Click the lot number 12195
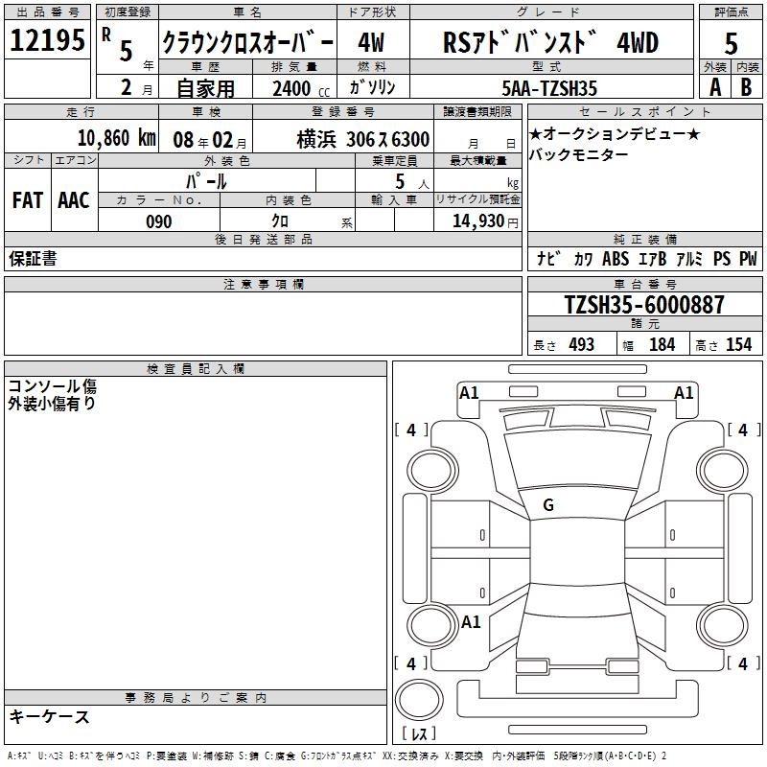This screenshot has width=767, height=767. [x=47, y=39]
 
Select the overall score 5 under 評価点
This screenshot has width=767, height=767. [x=731, y=43]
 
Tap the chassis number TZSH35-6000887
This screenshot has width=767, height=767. [x=644, y=304]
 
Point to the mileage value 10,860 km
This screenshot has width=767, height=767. [x=117, y=138]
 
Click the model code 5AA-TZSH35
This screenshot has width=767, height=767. [x=549, y=88]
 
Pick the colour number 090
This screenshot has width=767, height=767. [x=159, y=221]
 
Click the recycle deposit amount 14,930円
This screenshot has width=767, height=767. [x=485, y=221]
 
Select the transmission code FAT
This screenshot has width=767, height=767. [x=28, y=200]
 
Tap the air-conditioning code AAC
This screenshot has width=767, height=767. [x=74, y=200]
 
